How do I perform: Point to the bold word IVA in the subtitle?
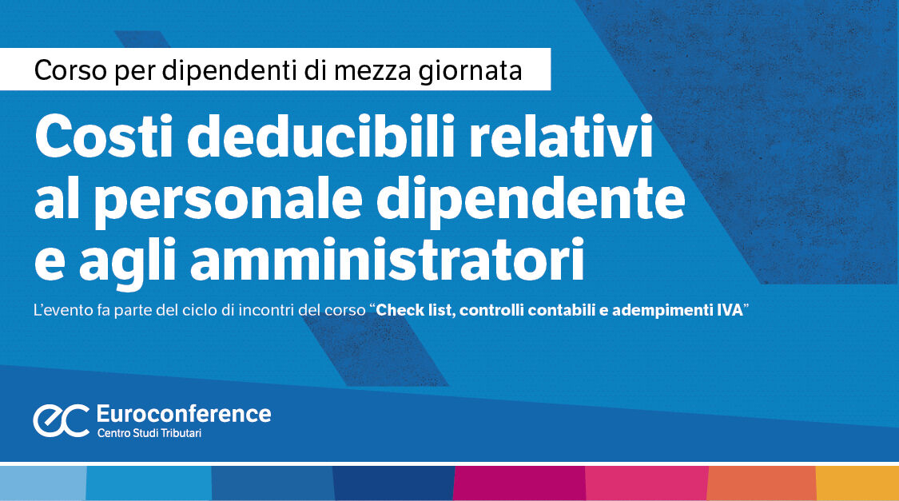click(726, 311)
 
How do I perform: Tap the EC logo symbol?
click(61, 421)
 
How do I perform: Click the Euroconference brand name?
click(183, 414)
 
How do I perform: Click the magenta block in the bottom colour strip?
click(519, 483)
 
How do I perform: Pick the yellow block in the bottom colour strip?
click(857, 483)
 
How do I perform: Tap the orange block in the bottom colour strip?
click(761, 483)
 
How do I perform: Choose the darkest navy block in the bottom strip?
click(393, 483)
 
